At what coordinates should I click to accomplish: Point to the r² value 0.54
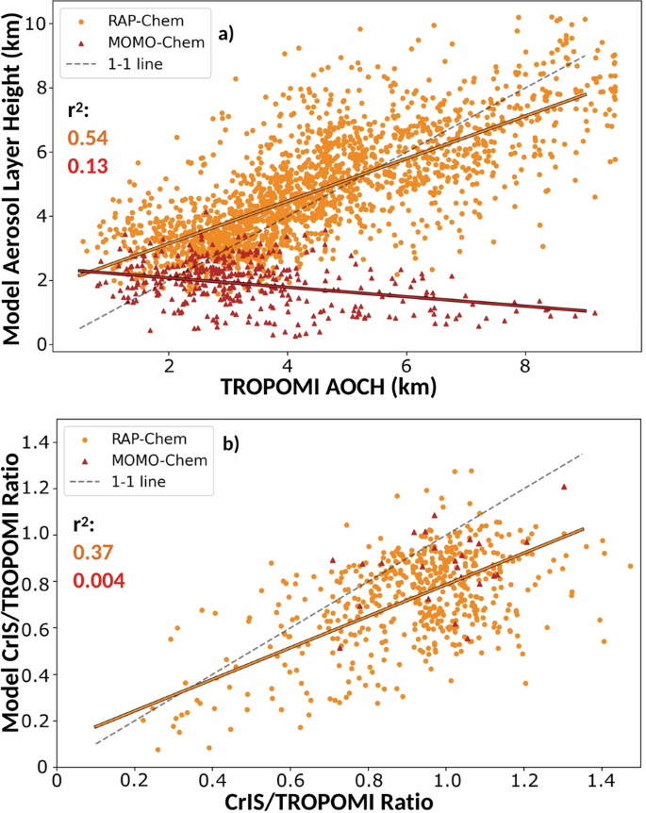coord(88,139)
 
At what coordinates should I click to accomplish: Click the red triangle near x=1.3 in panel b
coord(564,487)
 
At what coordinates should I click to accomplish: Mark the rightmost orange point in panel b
coord(630,566)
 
